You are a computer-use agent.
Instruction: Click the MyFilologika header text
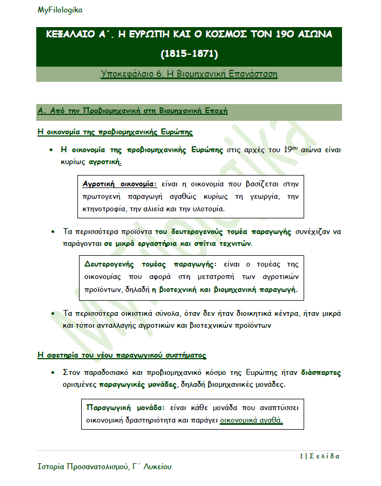tap(60, 10)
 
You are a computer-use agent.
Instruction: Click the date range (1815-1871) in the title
tap(189, 54)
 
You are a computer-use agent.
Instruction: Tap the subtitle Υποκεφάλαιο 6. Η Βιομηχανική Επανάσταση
tap(189, 74)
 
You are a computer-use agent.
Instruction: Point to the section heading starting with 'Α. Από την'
tap(133, 111)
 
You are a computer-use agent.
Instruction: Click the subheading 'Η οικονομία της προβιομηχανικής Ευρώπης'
tap(115, 132)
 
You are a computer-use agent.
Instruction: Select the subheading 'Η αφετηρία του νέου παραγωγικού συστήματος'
tap(122, 355)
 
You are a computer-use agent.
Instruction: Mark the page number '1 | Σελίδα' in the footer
tap(319, 456)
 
